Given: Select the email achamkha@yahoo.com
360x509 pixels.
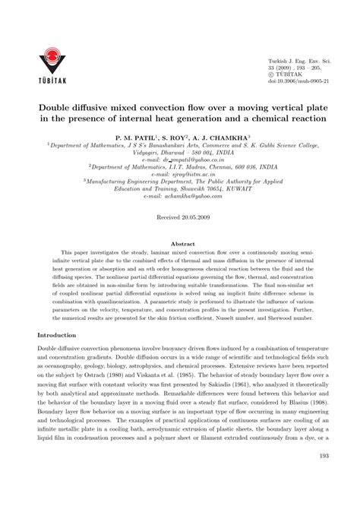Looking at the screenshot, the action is coord(179,195).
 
